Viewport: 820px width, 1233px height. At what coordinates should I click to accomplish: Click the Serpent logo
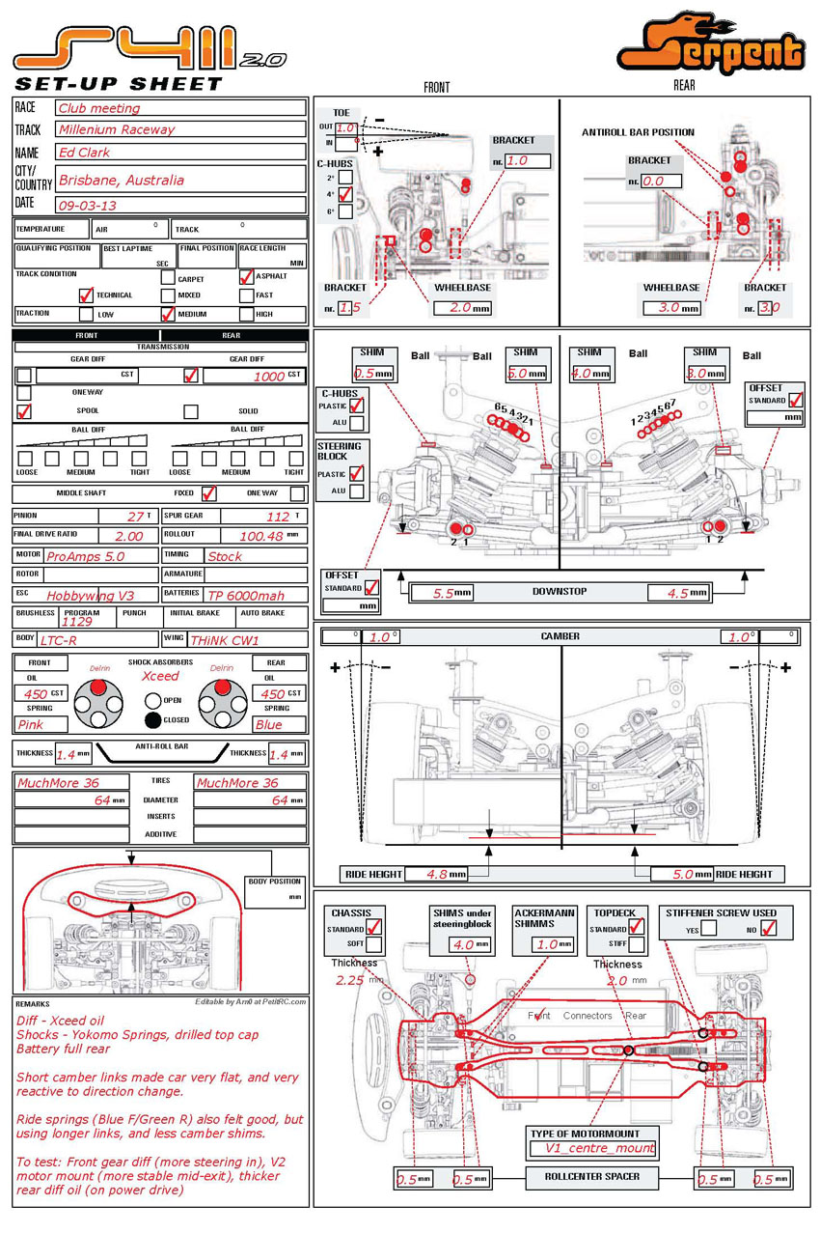tap(711, 44)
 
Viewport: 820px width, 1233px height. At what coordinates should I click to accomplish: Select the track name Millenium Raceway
tap(117, 129)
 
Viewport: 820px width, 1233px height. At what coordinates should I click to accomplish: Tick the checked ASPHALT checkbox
tap(247, 277)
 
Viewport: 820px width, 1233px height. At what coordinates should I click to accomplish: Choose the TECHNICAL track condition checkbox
tap(86, 295)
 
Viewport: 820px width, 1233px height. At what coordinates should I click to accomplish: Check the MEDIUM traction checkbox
tap(168, 314)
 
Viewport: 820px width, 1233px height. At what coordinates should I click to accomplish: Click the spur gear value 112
tap(278, 517)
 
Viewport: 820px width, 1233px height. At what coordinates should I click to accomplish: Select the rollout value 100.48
tap(260, 536)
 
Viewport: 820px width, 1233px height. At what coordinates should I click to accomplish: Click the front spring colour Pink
tap(31, 724)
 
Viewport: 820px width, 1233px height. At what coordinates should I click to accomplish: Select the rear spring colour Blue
tap(269, 724)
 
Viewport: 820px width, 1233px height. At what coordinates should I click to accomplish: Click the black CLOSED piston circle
tap(152, 719)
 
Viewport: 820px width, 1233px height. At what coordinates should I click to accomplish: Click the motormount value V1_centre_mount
tap(593, 1149)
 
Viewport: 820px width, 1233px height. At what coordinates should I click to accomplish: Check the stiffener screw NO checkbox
tap(769, 929)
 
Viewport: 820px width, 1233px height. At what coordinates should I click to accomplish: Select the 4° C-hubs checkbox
tap(345, 195)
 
